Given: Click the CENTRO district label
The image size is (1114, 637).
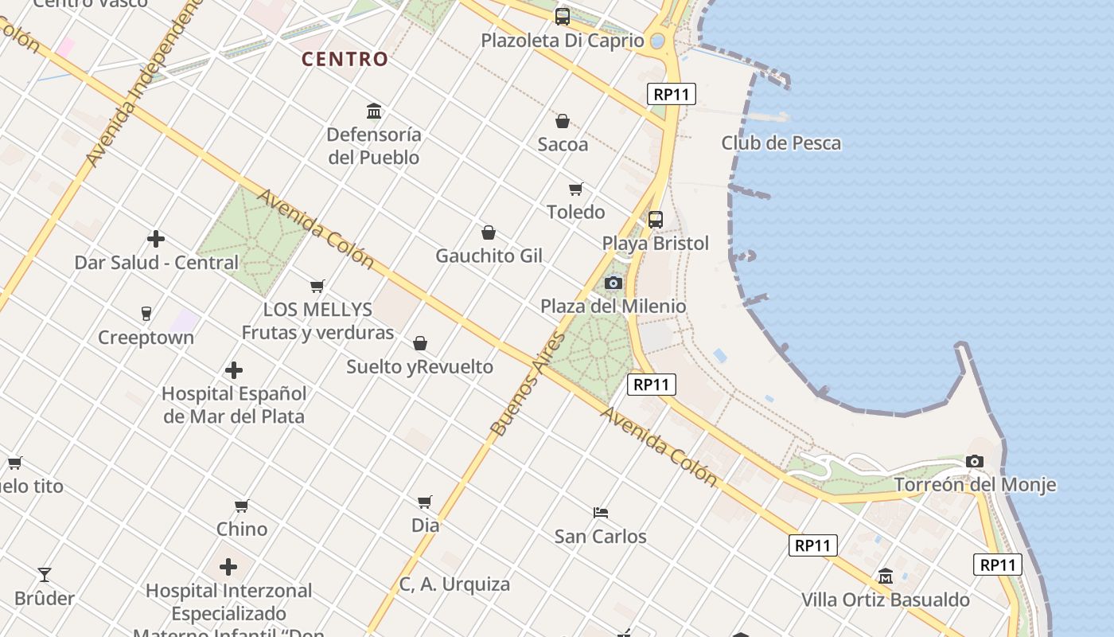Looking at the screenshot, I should coord(345,59).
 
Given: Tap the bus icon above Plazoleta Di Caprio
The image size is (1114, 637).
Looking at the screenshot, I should coord(563,16).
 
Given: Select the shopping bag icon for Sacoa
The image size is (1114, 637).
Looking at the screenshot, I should coord(563,121).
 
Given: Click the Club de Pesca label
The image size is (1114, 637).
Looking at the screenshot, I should coord(781,143).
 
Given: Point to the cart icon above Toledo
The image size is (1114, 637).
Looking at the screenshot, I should coord(576,189).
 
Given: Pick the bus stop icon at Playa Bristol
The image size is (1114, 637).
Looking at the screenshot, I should coord(656,220).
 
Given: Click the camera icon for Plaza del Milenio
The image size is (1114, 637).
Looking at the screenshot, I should coord(613,283).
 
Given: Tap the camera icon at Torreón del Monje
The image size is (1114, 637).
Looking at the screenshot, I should coord(975,461).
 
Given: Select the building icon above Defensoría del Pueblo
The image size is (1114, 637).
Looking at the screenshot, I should coord(374,111).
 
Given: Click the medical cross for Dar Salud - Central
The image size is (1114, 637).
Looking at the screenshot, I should coord(156,239).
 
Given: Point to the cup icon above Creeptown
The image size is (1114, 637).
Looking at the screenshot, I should coord(146,314).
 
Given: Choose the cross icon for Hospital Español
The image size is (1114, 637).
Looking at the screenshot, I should coord(234,370).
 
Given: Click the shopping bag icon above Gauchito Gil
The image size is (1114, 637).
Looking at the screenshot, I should coord(489,233).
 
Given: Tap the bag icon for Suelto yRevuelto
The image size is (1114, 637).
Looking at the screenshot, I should coord(420,343).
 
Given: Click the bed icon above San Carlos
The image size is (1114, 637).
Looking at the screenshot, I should coord(601,512).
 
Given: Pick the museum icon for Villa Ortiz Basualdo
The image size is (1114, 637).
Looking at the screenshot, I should coord(886,576).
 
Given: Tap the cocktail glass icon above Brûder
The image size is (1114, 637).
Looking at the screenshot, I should coord(45,574).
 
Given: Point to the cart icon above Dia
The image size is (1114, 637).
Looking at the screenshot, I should coord(425,502).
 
